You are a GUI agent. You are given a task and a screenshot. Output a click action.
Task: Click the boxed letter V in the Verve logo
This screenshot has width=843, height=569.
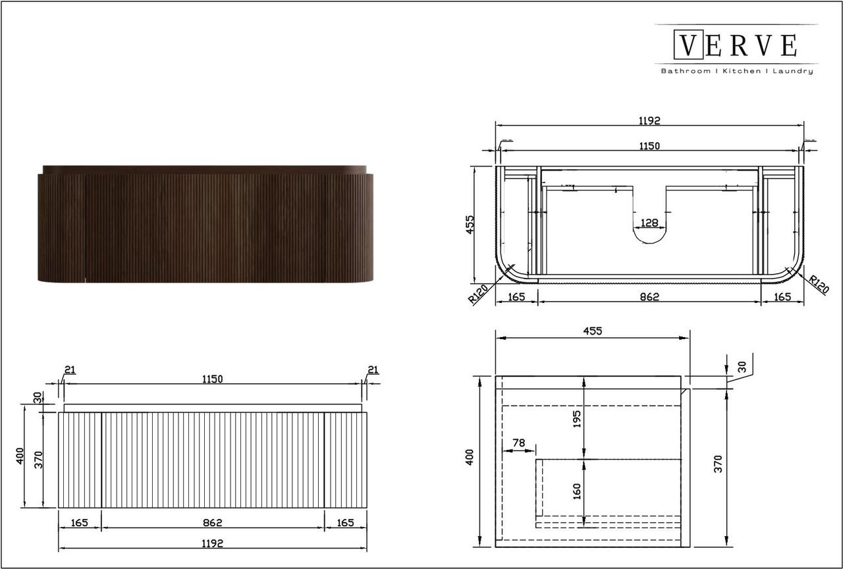[x=688, y=45]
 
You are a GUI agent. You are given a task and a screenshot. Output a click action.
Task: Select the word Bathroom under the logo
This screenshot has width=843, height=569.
[x=686, y=70]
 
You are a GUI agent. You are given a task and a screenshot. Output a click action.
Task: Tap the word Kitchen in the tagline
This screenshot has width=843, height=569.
[x=742, y=70]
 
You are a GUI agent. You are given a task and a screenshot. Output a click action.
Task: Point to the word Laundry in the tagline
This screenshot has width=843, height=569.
[x=793, y=71]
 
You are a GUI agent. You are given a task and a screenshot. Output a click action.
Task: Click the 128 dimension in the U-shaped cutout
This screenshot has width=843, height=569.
[x=649, y=223]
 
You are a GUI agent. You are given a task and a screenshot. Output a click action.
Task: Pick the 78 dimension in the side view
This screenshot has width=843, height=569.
[x=518, y=443]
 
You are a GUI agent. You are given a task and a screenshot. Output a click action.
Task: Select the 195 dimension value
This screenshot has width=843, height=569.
[x=576, y=419]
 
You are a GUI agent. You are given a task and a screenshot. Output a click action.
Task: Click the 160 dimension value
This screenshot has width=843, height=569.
[x=576, y=491]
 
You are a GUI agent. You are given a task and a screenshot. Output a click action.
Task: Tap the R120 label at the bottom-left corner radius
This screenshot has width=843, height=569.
[x=478, y=294]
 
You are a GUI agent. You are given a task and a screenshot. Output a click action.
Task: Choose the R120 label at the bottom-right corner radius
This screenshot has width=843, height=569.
[x=819, y=284]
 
